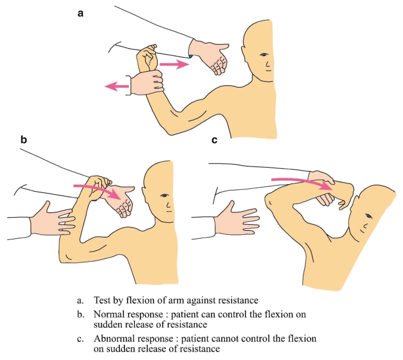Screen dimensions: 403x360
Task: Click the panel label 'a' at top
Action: tap(81, 12)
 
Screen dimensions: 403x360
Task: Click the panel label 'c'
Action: tap(215, 140)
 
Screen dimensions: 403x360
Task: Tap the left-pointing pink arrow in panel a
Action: tap(116, 87)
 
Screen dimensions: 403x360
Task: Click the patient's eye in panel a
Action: tap(263, 55)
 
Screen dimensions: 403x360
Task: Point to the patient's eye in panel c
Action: tap(367, 218)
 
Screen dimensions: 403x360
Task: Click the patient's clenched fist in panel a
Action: tap(147, 58)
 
